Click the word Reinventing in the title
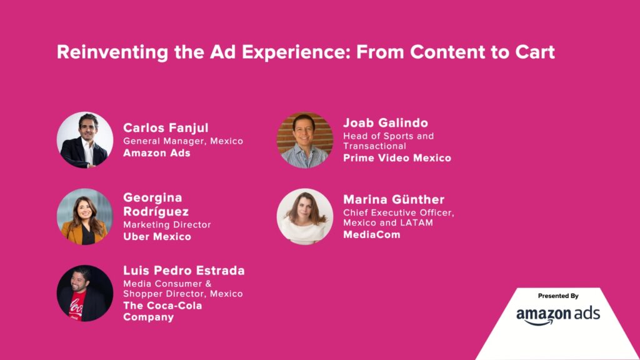112,52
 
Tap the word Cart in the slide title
535,52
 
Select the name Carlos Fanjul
166,128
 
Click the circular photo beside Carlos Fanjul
85,140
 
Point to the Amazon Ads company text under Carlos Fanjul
157,153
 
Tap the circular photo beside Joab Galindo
305,140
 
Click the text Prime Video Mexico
397,158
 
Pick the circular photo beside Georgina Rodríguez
85,216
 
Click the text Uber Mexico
157,237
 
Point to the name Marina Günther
394,199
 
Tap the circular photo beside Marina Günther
305,216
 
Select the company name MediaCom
372,235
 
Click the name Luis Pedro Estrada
184,271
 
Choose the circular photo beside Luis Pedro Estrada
85,293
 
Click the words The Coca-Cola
162,306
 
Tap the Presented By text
558,296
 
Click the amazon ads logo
558,316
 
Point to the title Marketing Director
167,225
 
